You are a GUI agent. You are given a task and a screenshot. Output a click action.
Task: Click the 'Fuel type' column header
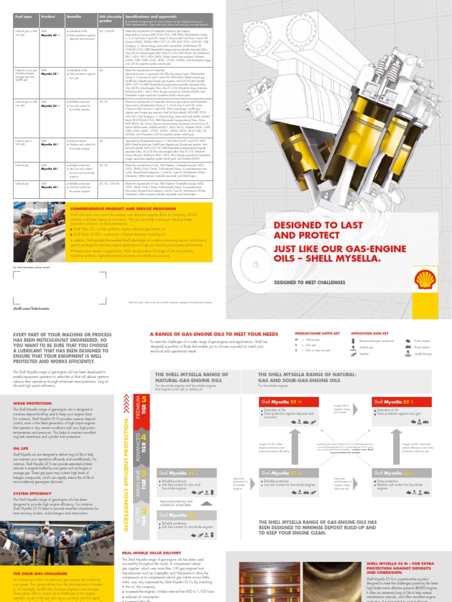23,17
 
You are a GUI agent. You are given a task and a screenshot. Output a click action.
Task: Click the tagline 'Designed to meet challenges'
310,282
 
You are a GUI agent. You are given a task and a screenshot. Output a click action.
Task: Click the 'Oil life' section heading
21,447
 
